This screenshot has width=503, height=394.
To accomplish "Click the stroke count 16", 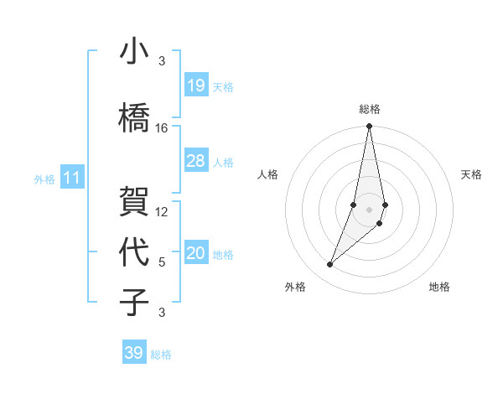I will [x=162, y=128].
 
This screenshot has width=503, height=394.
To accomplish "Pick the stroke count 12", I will [x=162, y=212].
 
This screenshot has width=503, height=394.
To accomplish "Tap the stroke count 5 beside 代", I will [x=162, y=262].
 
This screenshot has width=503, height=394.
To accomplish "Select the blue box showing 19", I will [x=196, y=85].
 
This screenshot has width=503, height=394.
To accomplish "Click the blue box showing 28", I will [x=196, y=161].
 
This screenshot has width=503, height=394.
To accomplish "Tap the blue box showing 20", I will [x=196, y=254].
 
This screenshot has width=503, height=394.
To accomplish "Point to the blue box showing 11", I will [x=72, y=178].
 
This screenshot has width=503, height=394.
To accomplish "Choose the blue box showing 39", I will [x=134, y=353].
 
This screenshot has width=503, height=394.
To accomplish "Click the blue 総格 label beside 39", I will [x=161, y=355].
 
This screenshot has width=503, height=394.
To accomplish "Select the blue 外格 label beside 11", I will [x=44, y=179].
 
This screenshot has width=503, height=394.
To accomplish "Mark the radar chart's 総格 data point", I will [x=369, y=127].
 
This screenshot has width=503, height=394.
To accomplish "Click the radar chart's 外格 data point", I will [x=330, y=265].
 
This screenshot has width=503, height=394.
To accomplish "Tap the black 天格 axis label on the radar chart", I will [x=472, y=174].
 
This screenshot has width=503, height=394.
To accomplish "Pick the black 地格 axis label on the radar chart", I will [x=439, y=287].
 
